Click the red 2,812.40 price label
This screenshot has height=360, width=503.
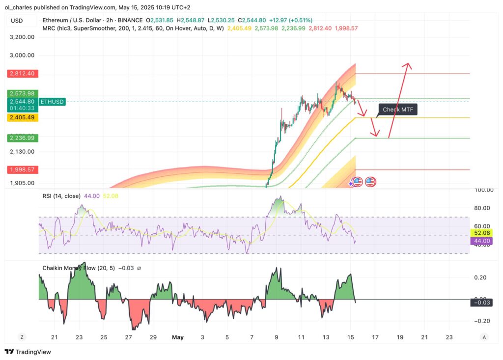tap(21, 73)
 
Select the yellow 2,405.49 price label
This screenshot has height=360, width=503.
tap(21, 117)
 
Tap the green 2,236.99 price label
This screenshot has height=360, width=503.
tap(21, 138)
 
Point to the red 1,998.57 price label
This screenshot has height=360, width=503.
tap(21, 169)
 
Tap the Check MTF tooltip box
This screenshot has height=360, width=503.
tap(397, 110)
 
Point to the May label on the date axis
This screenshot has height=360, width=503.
tap(178, 337)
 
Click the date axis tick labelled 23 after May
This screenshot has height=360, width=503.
tap(448, 337)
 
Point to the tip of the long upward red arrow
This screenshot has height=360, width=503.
tap(407, 64)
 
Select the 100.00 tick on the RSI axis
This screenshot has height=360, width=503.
tap(483, 190)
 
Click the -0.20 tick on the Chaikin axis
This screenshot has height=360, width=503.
tap(483, 321)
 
